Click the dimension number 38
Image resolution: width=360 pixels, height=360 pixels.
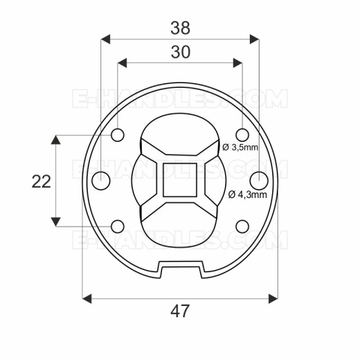(x=180, y=28)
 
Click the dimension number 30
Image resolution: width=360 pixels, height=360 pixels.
(x=180, y=52)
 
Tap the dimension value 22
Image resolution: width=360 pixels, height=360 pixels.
(x=41, y=181)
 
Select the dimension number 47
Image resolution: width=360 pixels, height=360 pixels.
(x=180, y=311)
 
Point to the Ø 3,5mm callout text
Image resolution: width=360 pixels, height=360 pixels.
(x=240, y=148)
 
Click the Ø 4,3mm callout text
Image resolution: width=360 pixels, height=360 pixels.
(x=247, y=194)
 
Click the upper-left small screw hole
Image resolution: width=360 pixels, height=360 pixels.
(x=118, y=135)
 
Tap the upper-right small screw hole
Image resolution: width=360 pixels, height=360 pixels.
(x=242, y=135)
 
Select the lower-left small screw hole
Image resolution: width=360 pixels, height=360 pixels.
(x=118, y=226)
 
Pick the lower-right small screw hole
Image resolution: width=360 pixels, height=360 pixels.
(x=242, y=226)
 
